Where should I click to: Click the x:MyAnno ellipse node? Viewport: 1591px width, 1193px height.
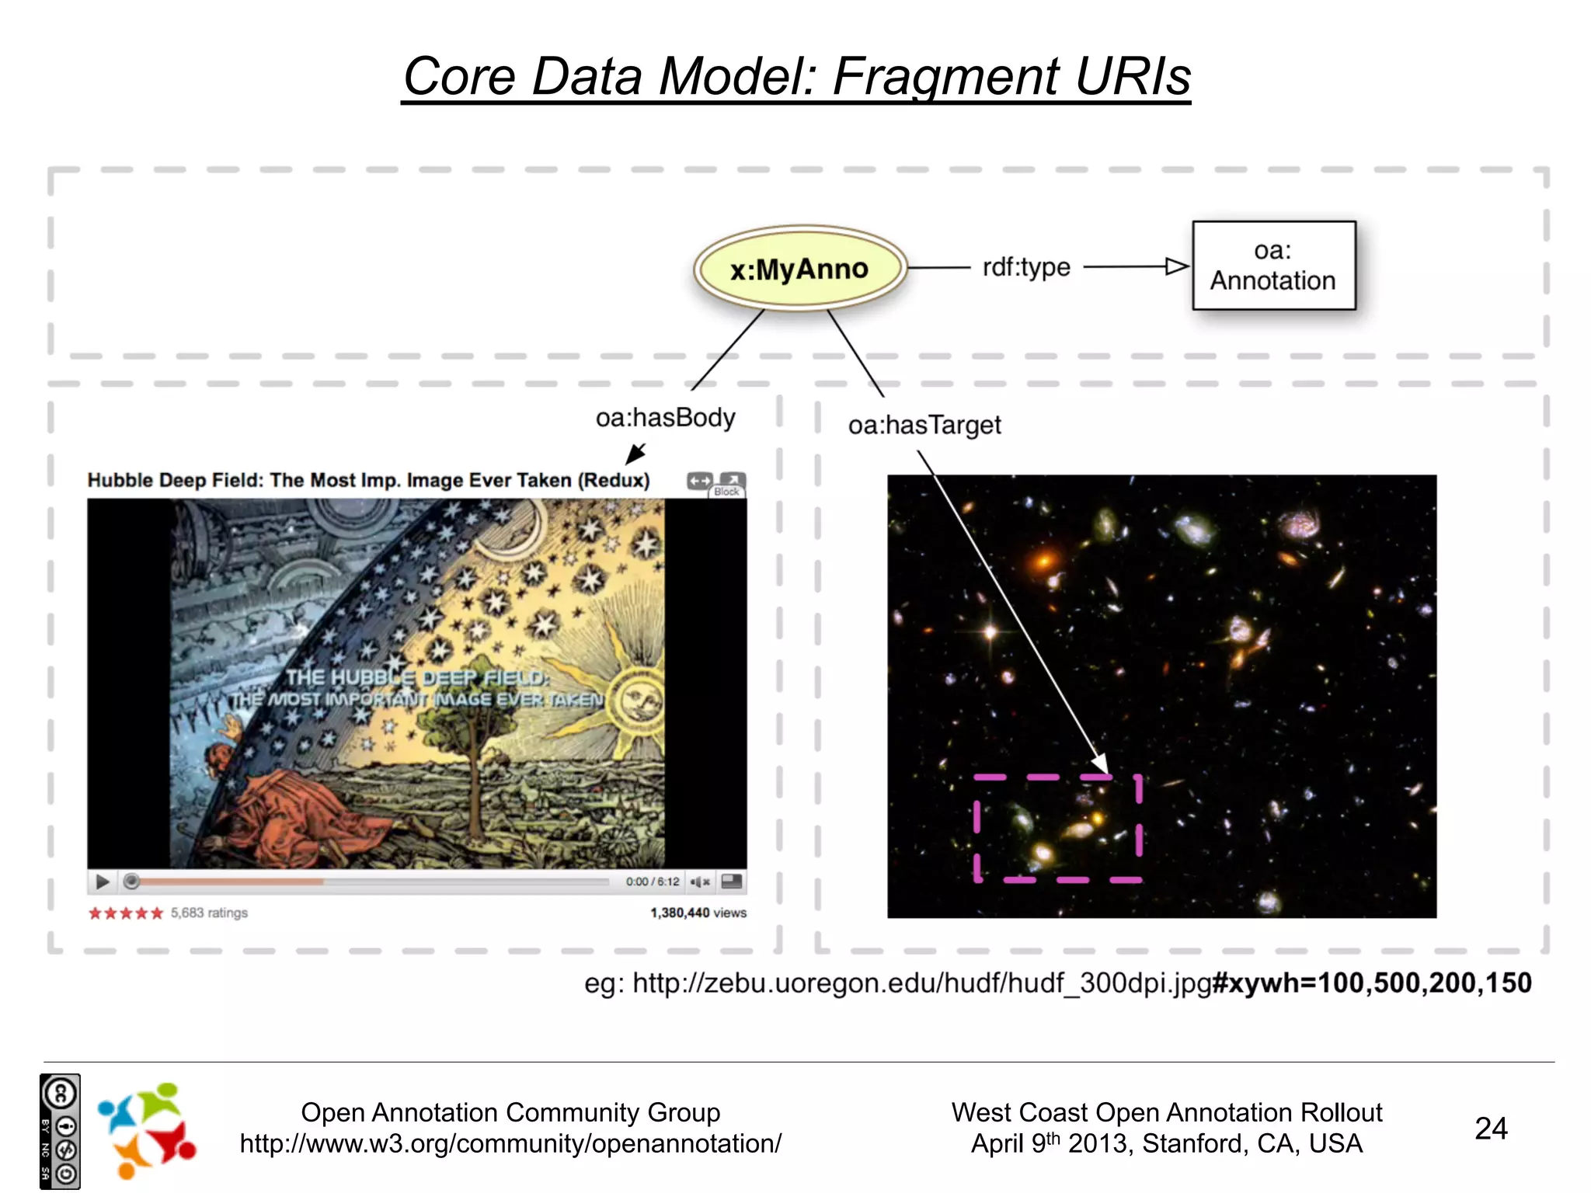[x=799, y=269]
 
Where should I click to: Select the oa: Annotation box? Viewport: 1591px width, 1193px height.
[x=1273, y=266]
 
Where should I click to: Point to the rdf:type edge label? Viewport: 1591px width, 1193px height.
[x=1025, y=267]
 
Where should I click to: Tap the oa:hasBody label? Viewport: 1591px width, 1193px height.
[x=665, y=418]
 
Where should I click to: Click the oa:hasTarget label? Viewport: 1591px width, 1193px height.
[x=924, y=426]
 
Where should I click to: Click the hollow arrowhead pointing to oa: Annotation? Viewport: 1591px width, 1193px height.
[x=1176, y=267]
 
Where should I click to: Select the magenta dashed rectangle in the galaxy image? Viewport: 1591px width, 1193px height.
[x=1057, y=828]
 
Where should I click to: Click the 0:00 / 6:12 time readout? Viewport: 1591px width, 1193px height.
[x=652, y=882]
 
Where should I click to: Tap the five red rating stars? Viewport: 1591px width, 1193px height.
[x=126, y=913]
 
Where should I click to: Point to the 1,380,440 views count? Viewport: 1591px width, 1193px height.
[x=698, y=913]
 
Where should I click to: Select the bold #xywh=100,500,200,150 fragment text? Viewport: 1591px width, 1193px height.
[x=1372, y=983]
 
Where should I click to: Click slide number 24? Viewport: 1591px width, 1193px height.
[x=1490, y=1129]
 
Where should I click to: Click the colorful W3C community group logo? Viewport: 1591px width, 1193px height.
[x=146, y=1129]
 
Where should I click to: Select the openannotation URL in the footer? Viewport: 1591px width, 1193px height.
[x=510, y=1144]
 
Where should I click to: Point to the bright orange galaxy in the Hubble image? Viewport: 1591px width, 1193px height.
[x=1046, y=559]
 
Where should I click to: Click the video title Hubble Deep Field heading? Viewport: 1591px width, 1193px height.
[x=368, y=480]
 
